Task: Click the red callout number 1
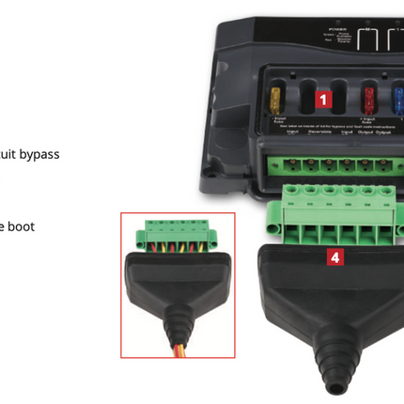[x=321, y=97]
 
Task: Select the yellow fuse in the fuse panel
[x=273, y=98]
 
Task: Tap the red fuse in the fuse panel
[x=369, y=98]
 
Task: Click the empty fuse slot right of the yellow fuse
[x=299, y=98]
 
